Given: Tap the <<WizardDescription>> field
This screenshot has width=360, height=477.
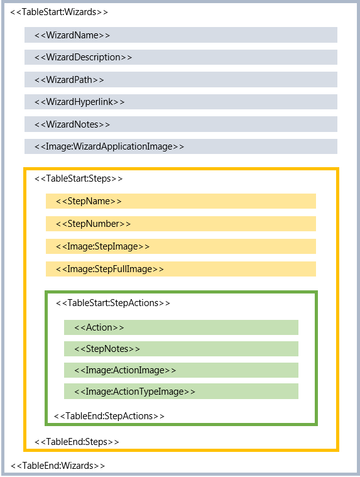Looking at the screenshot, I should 83,57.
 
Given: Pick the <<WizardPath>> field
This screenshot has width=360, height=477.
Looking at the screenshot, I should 69,80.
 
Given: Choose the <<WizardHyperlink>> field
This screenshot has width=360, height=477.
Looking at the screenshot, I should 80,102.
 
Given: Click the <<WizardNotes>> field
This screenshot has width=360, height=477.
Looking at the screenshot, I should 72,124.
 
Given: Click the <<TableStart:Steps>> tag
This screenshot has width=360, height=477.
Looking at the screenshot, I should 79,178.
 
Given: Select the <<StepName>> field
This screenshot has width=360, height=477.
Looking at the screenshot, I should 89,201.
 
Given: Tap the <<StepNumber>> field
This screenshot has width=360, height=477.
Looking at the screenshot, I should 93,224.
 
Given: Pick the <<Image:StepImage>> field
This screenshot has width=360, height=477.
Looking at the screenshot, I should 102,246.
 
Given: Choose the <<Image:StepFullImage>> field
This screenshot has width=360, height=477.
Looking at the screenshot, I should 109,269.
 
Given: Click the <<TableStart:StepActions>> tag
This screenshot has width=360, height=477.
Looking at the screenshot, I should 113,303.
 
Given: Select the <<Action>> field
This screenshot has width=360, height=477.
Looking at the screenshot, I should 99,327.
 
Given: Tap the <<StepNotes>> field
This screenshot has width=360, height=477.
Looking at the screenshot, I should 107,349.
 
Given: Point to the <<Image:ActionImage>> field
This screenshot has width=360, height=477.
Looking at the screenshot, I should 125,370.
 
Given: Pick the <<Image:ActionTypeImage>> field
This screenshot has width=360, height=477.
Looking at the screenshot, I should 134,392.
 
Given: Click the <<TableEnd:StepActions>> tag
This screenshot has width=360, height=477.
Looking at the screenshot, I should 109,416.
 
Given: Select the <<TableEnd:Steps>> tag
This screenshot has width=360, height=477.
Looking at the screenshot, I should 77,442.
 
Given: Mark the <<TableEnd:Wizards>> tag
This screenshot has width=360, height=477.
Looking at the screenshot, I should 57,466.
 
